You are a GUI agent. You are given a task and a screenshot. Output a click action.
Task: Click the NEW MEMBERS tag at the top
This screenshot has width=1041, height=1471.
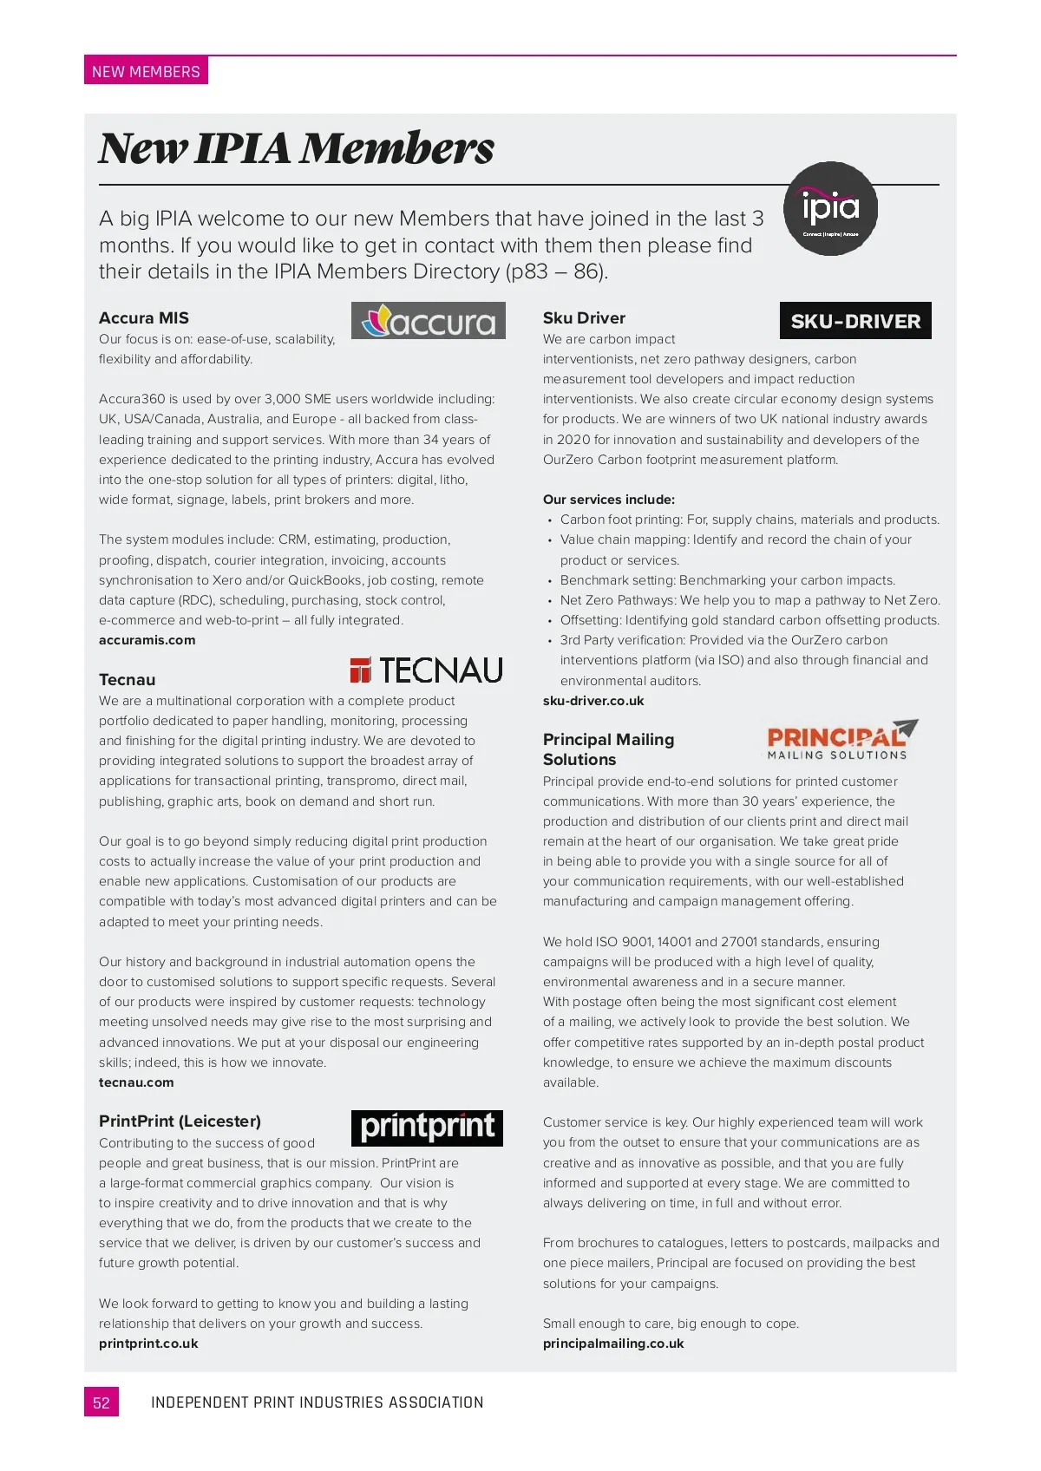pyautogui.click(x=146, y=71)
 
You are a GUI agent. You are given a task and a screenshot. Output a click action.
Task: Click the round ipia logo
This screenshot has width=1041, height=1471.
pyautogui.click(x=830, y=208)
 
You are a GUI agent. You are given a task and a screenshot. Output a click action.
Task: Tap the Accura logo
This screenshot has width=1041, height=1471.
pyautogui.click(x=428, y=321)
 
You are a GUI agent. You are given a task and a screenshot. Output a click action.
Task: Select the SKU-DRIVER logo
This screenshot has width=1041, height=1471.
pyautogui.click(x=855, y=321)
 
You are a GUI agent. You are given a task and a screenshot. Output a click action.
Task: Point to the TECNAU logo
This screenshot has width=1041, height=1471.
pyautogui.click(x=426, y=670)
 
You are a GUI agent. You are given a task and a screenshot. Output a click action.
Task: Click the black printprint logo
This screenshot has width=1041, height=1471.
pyautogui.click(x=427, y=1128)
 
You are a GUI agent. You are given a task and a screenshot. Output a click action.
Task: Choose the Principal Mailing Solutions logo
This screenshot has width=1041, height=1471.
pyautogui.click(x=841, y=741)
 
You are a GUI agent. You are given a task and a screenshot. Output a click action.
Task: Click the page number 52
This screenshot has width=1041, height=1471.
pyautogui.click(x=101, y=1402)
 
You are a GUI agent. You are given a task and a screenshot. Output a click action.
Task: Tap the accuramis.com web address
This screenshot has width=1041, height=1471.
pyautogui.click(x=147, y=640)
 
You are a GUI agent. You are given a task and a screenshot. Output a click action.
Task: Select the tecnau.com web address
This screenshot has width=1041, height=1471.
pyautogui.click(x=136, y=1082)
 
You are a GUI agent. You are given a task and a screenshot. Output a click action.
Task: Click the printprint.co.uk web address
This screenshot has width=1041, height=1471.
pyautogui.click(x=148, y=1344)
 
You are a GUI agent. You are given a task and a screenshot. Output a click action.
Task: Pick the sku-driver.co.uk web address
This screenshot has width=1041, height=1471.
pyautogui.click(x=593, y=701)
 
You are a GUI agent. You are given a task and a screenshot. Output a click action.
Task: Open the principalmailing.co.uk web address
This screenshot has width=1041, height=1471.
pyautogui.click(x=613, y=1344)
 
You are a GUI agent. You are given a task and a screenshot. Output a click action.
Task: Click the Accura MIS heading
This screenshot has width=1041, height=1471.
pyautogui.click(x=144, y=318)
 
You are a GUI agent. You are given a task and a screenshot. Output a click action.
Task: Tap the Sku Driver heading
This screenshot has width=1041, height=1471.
pyautogui.click(x=584, y=318)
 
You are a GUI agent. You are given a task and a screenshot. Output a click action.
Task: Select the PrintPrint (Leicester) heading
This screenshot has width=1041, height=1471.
pyautogui.click(x=180, y=1121)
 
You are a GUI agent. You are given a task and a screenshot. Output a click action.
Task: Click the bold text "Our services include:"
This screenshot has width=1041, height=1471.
pyautogui.click(x=609, y=500)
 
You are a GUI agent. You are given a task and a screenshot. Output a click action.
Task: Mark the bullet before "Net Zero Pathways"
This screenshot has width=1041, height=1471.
pyautogui.click(x=550, y=601)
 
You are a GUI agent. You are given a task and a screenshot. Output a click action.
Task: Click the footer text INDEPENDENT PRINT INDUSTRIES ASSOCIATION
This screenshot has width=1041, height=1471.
pyautogui.click(x=317, y=1402)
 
